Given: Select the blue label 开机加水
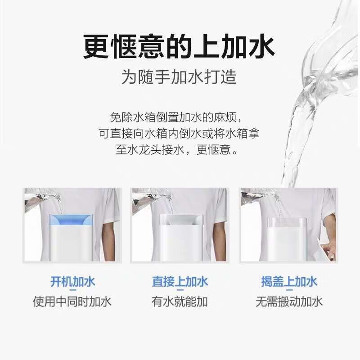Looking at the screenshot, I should coord(72,282).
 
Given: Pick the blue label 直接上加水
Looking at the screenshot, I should coord(180,282).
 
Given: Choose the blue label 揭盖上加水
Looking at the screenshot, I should coord(289,282).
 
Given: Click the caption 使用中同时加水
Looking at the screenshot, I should coord(72,301).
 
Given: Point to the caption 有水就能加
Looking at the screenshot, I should coord(180,301).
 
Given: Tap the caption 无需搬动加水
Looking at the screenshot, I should coord(289,301).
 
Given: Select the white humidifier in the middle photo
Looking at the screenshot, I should coord(180,238).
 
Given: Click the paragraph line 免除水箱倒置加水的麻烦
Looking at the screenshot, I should coord(179,118).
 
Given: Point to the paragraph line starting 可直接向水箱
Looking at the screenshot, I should coord(179,134).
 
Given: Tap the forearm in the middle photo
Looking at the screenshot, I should coord(219,238).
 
